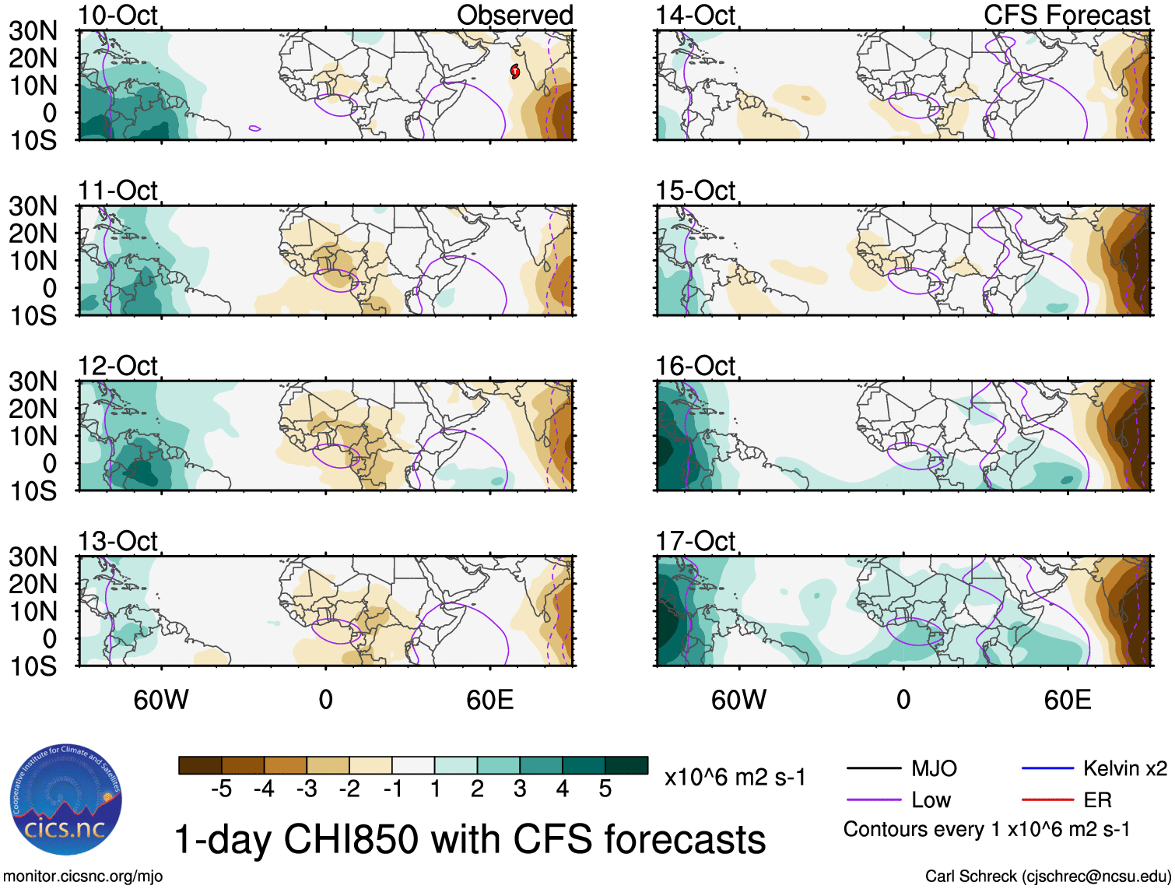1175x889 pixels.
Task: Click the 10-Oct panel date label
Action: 117,15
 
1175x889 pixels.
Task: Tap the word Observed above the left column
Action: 514,15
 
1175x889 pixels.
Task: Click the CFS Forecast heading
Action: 1066,15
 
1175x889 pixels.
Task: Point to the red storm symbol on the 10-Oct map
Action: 515,72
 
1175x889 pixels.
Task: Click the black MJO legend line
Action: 873,769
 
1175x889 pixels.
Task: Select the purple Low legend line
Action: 873,800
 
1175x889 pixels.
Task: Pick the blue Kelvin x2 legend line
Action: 1047,769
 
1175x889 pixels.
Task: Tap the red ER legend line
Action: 1047,800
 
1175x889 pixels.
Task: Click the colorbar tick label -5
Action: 221,789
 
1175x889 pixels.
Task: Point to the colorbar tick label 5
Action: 605,789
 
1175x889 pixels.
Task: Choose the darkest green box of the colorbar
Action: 626,765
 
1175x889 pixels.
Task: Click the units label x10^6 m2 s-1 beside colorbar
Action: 735,777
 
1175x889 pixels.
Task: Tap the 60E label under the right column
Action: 1067,700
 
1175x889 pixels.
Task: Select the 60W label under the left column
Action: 161,700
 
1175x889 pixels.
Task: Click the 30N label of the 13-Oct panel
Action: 33,557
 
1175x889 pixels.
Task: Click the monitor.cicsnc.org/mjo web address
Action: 83,877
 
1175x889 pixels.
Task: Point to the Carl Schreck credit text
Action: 1047,877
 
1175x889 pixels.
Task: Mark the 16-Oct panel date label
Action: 695,365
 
